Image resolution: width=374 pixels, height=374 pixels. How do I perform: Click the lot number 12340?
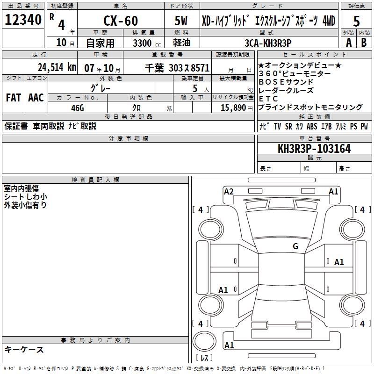click(x=23, y=20)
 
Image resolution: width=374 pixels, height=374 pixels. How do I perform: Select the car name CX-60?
click(x=121, y=21)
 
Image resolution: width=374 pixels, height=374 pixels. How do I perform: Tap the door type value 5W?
click(x=181, y=21)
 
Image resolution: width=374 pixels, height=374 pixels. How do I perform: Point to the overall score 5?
click(x=356, y=22)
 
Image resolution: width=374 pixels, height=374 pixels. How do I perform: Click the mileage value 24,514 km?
click(x=57, y=67)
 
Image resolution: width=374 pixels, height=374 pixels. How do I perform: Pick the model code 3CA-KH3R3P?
click(x=268, y=43)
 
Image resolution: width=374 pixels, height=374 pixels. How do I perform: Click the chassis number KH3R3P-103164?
click(x=314, y=149)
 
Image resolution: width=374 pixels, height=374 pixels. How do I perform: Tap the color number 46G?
click(x=78, y=108)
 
